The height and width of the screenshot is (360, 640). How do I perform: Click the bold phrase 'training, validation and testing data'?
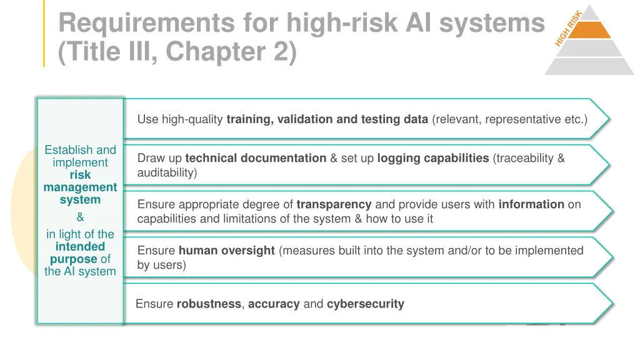pos(327,119)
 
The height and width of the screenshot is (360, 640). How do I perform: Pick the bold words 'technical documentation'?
pos(256,158)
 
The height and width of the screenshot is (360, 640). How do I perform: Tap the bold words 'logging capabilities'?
pos(432,158)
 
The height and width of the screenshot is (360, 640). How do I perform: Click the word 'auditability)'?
pos(167,172)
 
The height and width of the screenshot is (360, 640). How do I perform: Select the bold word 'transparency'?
pos(334,204)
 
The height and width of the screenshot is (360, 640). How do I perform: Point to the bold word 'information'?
pos(531,204)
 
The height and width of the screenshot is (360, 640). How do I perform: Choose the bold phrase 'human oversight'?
pos(226,251)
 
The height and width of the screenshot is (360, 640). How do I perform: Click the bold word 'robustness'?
pos(208,304)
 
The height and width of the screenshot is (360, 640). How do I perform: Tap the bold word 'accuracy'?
pos(274,304)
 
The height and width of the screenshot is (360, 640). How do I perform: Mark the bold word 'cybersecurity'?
pos(365,304)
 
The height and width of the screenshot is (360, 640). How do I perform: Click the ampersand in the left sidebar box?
pos(80,217)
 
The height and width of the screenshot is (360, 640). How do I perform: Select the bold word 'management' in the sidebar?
pos(80,187)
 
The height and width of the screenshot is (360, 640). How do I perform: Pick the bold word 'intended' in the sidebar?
pos(80,247)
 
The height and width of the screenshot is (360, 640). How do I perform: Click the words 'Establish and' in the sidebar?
pos(80,150)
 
